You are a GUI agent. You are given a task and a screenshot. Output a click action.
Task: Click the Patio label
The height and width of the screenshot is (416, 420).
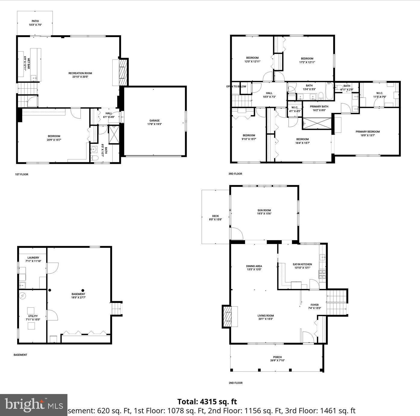(35, 23)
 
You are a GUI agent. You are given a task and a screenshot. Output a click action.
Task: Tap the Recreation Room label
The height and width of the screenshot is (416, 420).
(80, 75)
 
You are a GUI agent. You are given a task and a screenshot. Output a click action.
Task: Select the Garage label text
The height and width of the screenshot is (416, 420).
(154, 122)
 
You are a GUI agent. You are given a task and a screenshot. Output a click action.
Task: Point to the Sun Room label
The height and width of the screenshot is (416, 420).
(264, 212)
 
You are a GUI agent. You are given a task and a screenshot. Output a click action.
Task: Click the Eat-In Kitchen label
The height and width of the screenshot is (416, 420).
(302, 266)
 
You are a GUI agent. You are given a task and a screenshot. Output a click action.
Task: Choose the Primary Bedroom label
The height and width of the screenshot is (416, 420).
(367, 133)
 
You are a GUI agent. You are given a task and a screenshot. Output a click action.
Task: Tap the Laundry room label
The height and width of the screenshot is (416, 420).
(33, 259)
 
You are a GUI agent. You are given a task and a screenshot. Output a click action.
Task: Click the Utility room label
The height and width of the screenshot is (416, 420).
(33, 318)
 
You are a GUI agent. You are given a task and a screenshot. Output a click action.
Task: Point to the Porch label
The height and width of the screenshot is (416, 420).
(277, 359)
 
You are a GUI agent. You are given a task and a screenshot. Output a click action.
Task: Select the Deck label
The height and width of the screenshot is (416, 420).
(216, 217)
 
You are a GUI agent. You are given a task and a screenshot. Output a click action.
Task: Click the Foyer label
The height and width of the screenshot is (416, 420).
(314, 306)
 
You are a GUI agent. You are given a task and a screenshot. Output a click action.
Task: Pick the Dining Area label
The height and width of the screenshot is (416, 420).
(254, 268)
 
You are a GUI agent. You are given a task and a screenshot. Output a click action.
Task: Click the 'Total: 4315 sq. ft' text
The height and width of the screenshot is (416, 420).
(207, 402)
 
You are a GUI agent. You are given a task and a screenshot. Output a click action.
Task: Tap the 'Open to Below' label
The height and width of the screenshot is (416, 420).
(236, 86)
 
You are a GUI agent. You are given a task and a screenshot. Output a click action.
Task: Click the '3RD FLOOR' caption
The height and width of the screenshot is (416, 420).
(235, 174)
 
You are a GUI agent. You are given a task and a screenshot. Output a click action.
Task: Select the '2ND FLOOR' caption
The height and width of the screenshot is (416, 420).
(235, 383)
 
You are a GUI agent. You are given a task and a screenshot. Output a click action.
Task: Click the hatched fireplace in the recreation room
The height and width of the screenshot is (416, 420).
(123, 72)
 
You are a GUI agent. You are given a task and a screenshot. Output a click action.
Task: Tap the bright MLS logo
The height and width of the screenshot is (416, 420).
(34, 405)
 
